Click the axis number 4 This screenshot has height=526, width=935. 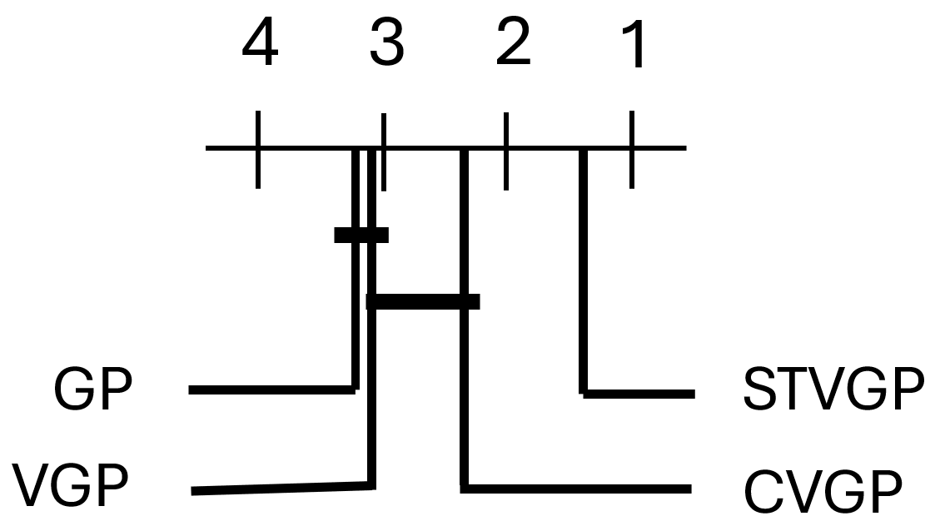click(x=259, y=46)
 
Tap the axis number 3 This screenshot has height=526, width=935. click(x=385, y=46)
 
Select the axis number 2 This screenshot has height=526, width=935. click(x=512, y=46)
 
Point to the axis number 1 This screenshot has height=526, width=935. click(x=634, y=46)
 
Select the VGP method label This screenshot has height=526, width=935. click(x=72, y=488)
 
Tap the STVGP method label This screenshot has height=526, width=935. click(x=833, y=390)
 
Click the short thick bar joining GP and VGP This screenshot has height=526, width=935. click(x=361, y=235)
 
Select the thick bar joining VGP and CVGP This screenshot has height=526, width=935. click(x=423, y=301)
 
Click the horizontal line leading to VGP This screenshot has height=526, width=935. click(x=280, y=489)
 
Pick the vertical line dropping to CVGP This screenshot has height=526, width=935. click(x=465, y=391)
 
